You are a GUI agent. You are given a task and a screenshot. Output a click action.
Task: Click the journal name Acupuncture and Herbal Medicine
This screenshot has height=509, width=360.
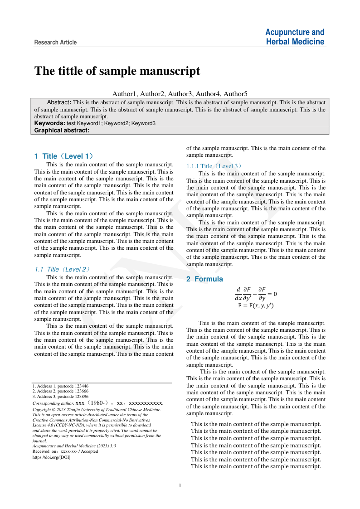tap(295, 37)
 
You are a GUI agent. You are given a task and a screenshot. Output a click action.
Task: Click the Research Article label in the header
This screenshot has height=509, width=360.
tap(55, 43)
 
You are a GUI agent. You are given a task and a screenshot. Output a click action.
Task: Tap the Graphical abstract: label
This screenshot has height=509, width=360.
tap(62, 130)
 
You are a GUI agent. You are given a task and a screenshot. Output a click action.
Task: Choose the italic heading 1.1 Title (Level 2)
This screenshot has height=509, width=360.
tap(62, 269)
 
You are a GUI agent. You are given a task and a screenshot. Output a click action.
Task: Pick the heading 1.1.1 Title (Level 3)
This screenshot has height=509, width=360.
tap(214, 166)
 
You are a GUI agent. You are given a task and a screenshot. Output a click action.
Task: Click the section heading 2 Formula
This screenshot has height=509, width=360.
tap(204, 279)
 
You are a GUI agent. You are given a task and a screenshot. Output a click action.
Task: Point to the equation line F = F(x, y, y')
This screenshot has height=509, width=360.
tap(256, 305)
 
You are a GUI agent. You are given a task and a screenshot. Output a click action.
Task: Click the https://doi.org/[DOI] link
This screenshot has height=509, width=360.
tap(51, 457)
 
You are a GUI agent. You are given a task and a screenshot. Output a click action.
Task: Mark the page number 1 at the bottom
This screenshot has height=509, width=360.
tap(180, 486)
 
